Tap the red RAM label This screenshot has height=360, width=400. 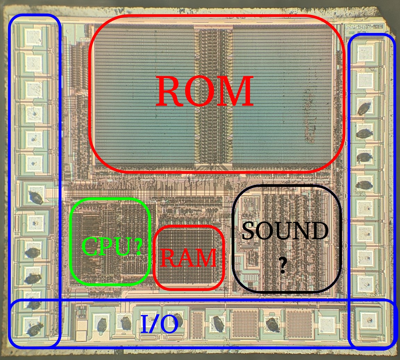tap(189, 258)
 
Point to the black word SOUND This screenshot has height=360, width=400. tap(285, 231)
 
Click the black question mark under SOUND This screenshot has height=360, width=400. tap(283, 266)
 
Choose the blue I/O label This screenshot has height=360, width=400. tap(159, 325)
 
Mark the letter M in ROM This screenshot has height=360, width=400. tap(237, 92)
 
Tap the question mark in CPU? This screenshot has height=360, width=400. tap(138, 247)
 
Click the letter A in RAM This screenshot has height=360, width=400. tap(189, 259)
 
